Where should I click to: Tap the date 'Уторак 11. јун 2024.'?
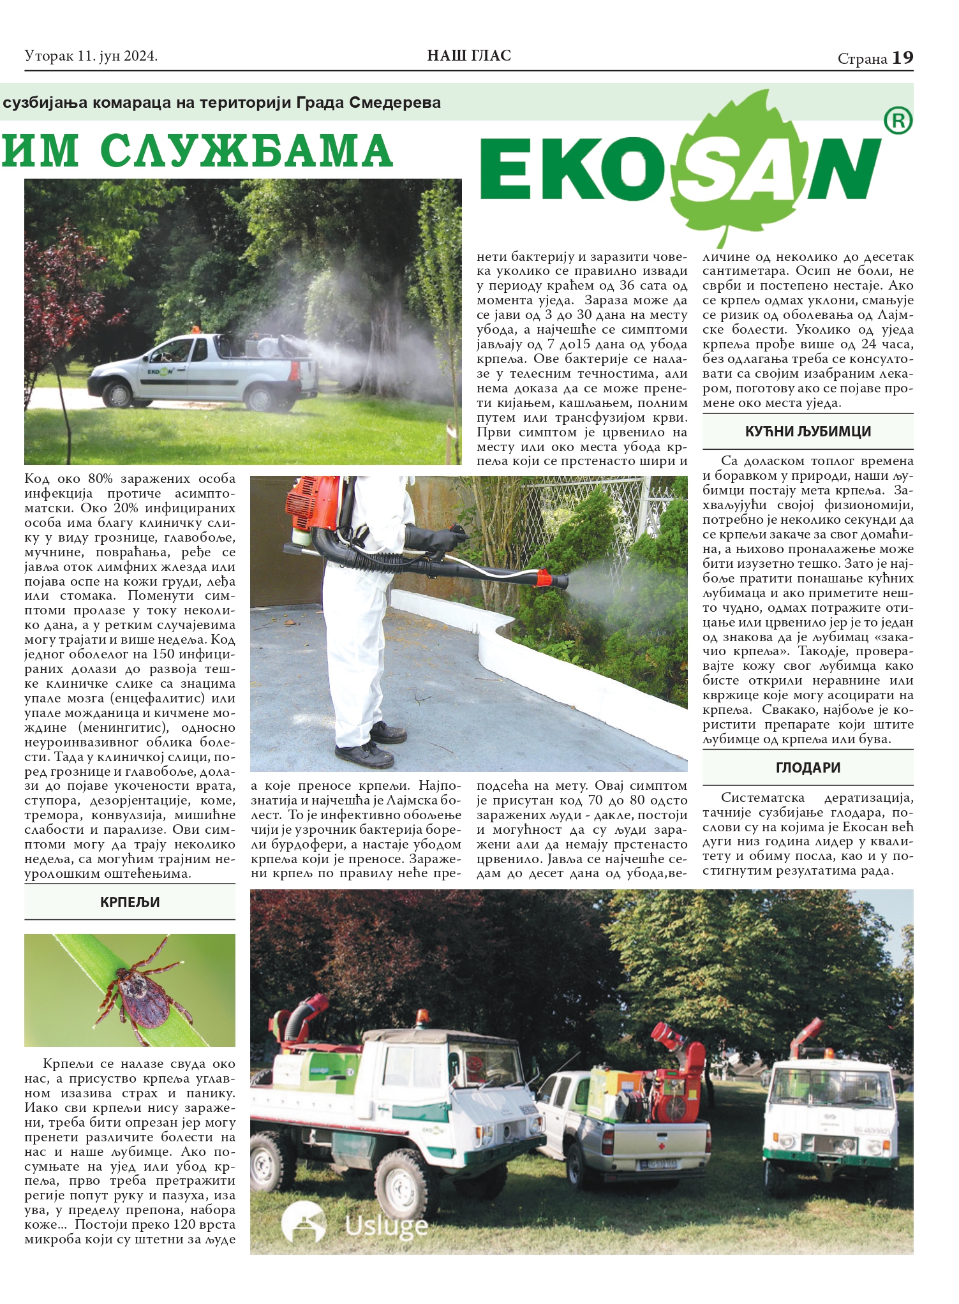[x=91, y=57]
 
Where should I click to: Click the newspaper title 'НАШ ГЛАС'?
[x=469, y=56]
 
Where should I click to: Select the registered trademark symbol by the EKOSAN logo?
[x=898, y=121]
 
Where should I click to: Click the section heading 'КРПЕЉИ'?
[x=130, y=902]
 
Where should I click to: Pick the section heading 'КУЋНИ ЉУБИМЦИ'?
[x=808, y=431]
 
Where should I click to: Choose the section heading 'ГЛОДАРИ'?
[x=808, y=767]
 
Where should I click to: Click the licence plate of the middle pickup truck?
[x=657, y=1164]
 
